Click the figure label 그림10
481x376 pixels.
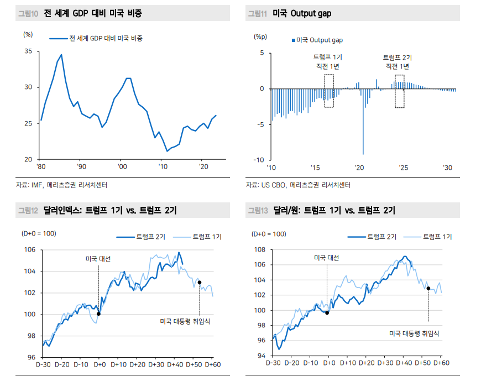pos(28,13)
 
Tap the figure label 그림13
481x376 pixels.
pos(258,210)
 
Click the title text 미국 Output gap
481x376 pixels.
pos(302,13)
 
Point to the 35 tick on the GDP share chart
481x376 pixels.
pos(27,51)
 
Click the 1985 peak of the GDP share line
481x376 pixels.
pos(61,55)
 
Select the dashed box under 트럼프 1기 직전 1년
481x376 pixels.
pos(329,91)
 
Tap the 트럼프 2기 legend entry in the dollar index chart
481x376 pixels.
pos(141,237)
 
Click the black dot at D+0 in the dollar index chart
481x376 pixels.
pos(98,314)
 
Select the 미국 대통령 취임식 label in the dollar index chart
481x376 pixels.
pos(185,321)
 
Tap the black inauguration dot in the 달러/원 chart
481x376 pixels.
pos(428,288)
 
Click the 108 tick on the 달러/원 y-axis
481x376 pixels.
pos(259,249)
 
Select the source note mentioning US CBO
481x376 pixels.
pos(298,185)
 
